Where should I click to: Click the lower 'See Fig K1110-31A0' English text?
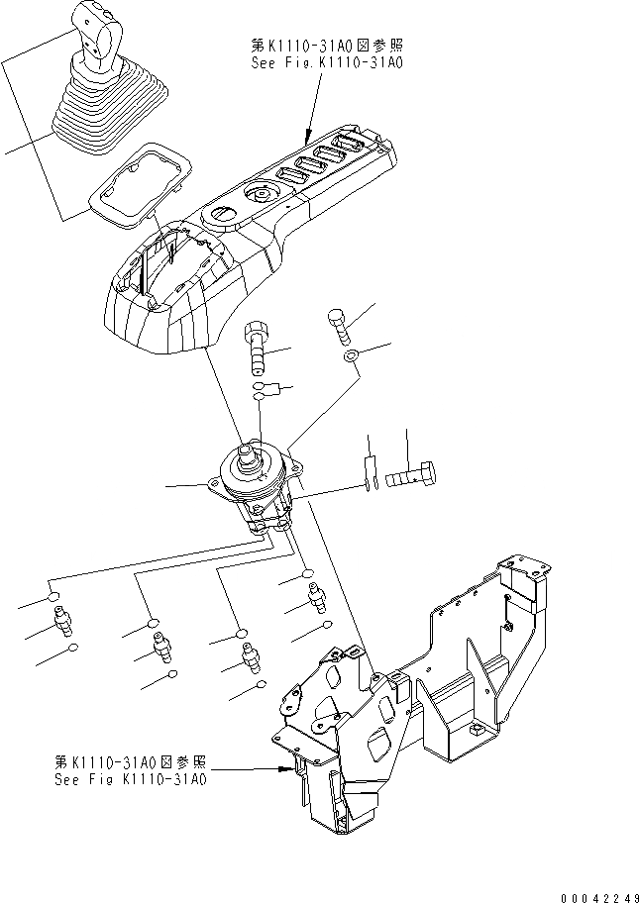pos(130,779)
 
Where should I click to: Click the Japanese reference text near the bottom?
pos(130,762)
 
